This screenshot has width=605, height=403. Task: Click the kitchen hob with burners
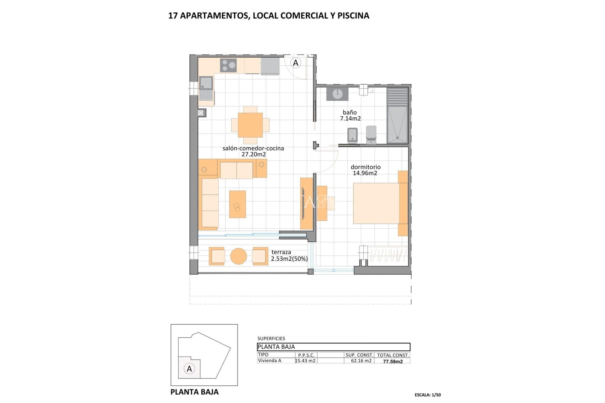coord(229,65)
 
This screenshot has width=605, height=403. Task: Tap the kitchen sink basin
coord(206,83)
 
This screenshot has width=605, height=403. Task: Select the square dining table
coord(250,125)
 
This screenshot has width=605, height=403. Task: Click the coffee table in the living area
coord(237,204)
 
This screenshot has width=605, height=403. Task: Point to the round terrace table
coord(239,256)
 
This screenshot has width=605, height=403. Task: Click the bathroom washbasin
coord(337,94)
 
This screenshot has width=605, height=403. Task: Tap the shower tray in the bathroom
coord(397,125)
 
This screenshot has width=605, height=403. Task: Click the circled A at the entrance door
coord(296,63)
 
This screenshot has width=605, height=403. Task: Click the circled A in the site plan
coord(189,369)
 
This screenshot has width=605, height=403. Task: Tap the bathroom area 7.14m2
coord(350,119)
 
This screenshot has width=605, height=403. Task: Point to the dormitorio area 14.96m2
coord(365,173)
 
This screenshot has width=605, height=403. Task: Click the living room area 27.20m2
coord(254,155)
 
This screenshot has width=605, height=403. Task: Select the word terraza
coord(281,252)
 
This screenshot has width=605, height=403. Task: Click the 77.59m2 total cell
coord(393,361)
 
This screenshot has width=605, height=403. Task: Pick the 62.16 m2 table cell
coord(361,361)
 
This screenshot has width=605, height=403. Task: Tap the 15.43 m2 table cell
coord(305,361)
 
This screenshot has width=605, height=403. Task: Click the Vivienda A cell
coord(270,361)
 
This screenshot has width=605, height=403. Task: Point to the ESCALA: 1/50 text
coord(428,395)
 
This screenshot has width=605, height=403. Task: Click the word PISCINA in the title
coord(353,16)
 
